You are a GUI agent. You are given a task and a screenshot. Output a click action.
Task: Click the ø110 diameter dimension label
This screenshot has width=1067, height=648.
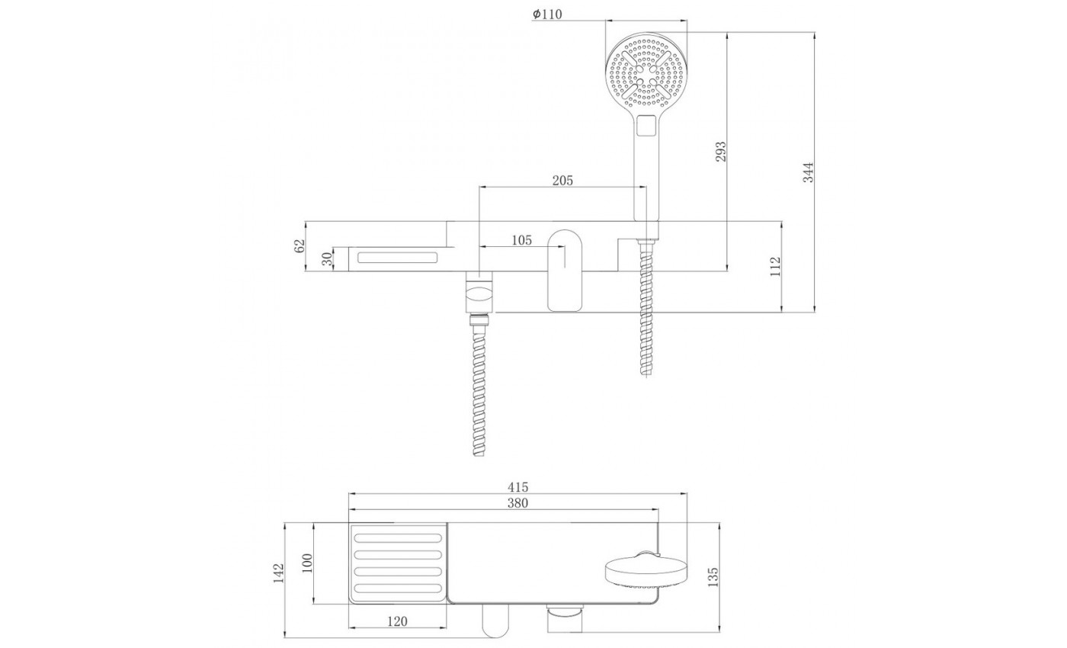point(547,14)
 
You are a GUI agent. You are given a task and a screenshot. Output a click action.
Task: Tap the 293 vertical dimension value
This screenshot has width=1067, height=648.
point(721,151)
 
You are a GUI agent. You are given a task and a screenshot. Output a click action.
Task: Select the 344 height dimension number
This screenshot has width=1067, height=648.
point(809,172)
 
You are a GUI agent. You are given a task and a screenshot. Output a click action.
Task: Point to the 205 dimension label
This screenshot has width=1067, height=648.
point(562,181)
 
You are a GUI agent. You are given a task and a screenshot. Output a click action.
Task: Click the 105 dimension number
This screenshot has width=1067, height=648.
point(521,240)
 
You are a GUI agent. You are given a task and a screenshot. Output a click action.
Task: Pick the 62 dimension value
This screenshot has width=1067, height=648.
point(299,245)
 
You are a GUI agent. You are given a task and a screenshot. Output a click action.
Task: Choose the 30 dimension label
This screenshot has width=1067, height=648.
point(327,258)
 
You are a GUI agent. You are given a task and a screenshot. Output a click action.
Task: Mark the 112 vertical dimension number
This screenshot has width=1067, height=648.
point(776,266)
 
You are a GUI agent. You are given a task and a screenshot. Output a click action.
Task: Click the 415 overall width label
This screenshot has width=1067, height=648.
point(517,487)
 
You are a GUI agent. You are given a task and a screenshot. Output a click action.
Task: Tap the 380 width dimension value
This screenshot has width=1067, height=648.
point(517,502)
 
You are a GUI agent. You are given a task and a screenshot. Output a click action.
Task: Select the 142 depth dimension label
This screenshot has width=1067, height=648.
point(279,573)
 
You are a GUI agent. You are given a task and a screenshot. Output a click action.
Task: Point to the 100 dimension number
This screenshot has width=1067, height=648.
point(307,563)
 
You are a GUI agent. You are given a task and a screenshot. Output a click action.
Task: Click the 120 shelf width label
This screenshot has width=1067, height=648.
point(397,621)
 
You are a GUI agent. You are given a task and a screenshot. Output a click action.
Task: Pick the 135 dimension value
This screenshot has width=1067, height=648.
point(713,577)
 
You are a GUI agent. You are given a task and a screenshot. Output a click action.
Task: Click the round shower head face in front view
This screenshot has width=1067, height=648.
point(646,73)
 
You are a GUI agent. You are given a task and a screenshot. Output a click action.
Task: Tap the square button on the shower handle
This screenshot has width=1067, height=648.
point(646,127)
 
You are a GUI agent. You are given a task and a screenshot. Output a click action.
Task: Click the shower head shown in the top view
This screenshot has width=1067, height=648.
point(646,572)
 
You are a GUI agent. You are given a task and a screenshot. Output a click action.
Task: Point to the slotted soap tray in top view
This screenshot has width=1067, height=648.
point(398,563)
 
